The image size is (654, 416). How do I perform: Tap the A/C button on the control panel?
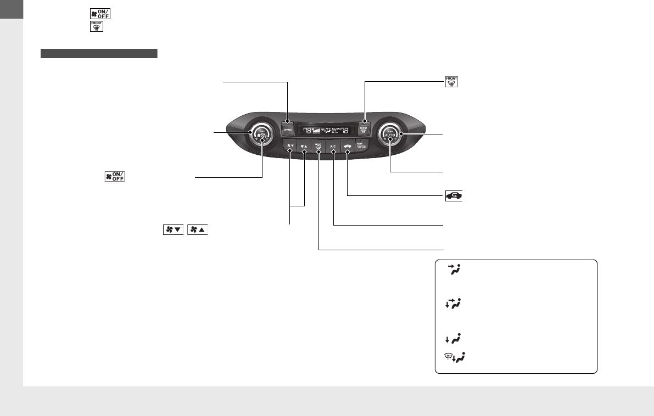point(333,147)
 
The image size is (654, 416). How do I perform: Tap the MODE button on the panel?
point(318,147)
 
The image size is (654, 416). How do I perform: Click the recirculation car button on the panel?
point(348,147)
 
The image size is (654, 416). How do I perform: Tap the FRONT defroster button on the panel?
point(364,130)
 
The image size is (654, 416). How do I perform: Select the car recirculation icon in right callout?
point(454,195)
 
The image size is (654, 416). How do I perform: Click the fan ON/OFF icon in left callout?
point(115,177)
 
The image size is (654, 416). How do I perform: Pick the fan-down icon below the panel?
point(172,230)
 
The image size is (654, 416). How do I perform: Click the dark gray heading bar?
point(99,53)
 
